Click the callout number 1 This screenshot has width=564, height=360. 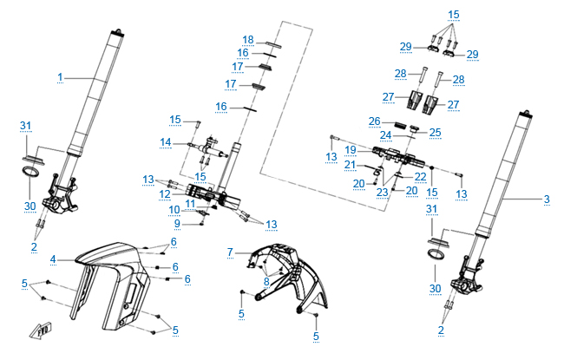point(61,78)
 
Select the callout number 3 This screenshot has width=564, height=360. point(547,200)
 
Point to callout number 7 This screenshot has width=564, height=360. point(230,252)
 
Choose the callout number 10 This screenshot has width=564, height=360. point(174,210)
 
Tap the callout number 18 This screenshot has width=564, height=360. point(248,40)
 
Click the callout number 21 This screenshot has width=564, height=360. point(351,164)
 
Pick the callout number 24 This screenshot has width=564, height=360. point(387,136)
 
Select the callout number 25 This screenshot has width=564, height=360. point(436,132)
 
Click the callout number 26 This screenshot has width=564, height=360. point(374,121)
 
